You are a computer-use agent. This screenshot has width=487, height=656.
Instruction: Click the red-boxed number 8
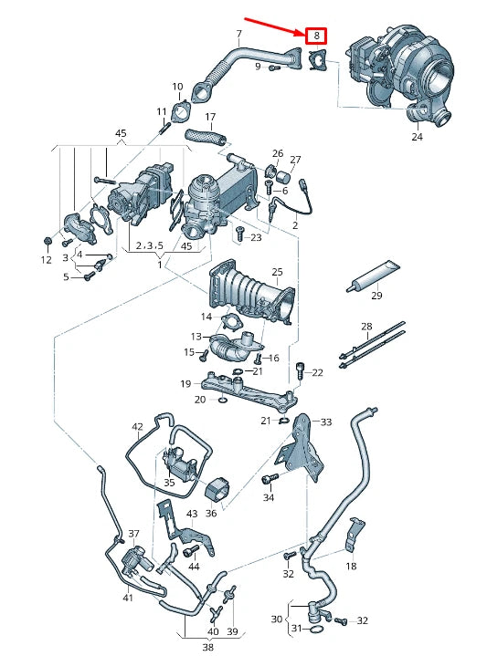click(x=316, y=36)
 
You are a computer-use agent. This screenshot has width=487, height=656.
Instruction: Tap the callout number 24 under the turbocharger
click(x=417, y=136)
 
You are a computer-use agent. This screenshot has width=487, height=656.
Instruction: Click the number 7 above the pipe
click(x=238, y=34)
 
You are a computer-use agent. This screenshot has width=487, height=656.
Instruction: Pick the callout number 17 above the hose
click(x=210, y=117)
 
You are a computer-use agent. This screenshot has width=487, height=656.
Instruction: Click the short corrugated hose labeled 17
click(x=206, y=136)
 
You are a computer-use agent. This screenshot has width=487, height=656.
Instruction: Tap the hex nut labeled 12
click(x=48, y=241)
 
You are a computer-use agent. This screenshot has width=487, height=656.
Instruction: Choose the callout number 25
click(x=277, y=272)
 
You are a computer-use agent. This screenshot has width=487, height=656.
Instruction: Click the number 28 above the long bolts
click(x=366, y=326)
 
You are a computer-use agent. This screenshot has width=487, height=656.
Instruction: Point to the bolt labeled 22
click(x=300, y=370)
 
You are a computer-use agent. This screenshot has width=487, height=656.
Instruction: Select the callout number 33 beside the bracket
click(x=326, y=422)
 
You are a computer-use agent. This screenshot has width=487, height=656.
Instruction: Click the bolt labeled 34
click(x=269, y=478)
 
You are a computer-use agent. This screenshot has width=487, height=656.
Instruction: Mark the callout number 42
click(x=137, y=427)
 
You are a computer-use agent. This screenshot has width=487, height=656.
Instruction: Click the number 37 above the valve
click(x=133, y=534)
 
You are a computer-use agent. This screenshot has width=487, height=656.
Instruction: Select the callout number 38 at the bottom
click(x=208, y=648)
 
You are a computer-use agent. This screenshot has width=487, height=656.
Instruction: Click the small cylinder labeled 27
click(x=285, y=177)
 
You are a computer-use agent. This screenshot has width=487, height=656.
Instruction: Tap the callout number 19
click(x=185, y=383)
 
